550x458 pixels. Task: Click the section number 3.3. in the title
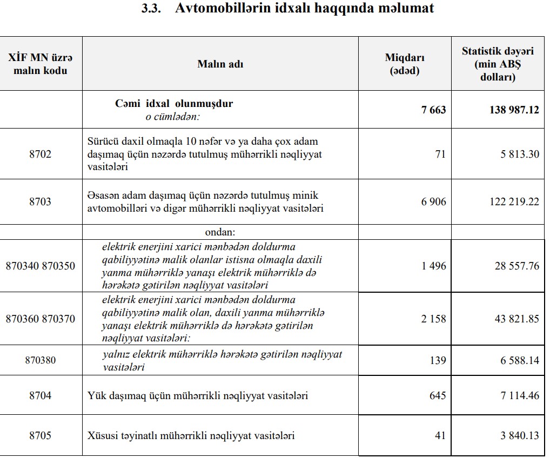[x=151, y=9]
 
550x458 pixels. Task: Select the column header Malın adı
[x=220, y=64]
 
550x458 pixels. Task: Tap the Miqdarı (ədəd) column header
[x=404, y=64]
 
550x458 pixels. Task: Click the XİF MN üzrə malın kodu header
[x=41, y=64]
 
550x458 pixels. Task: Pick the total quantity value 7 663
[x=434, y=110]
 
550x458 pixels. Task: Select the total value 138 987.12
[x=514, y=110]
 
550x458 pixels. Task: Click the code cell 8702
[x=41, y=154]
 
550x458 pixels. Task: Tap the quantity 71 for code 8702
[x=440, y=154]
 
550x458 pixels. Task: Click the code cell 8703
[x=41, y=201]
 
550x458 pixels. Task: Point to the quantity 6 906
[x=434, y=201]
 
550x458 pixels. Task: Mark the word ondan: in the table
[x=220, y=232]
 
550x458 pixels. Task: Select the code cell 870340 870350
[x=41, y=266]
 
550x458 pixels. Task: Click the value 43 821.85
[x=517, y=319]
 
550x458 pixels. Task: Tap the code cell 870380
[x=41, y=360]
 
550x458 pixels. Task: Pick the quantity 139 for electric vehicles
[x=438, y=360]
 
